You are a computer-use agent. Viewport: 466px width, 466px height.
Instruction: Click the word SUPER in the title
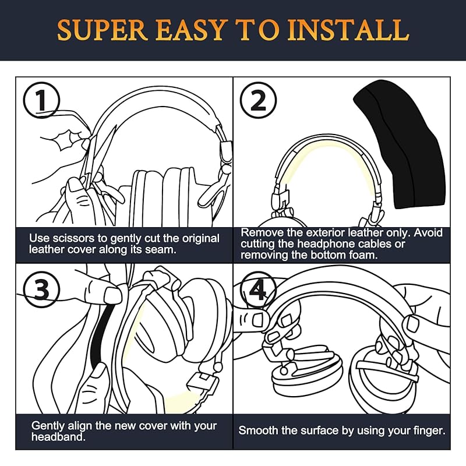click(103, 30)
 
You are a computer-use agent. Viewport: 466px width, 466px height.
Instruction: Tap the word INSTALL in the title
click(348, 30)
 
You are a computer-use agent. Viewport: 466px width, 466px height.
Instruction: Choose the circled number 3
click(41, 289)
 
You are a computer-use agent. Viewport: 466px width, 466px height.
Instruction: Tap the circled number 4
click(258, 289)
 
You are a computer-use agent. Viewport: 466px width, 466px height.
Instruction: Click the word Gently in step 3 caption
click(48, 426)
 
